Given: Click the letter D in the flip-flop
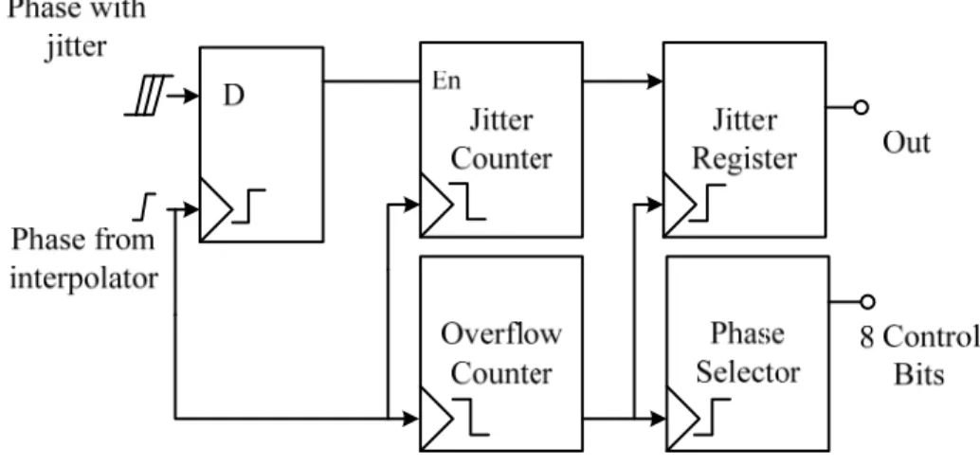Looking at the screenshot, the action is (x=233, y=96).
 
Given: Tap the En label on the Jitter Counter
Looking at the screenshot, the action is (x=446, y=81).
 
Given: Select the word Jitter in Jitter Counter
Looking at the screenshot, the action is (x=501, y=120).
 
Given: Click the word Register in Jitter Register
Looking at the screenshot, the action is (x=744, y=160).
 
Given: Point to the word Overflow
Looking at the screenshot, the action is (x=501, y=333).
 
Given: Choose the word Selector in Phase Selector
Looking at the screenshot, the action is (x=748, y=372).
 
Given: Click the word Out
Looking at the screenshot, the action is (x=906, y=143).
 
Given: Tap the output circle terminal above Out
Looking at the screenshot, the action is (x=862, y=107).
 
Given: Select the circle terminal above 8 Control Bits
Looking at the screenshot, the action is (x=867, y=302).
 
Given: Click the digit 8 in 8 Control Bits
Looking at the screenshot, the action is (x=866, y=338).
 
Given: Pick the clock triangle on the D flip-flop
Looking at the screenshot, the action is (x=216, y=209).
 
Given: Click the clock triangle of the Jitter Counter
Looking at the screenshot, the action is (x=436, y=205).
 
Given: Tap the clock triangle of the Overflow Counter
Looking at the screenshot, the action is (x=436, y=419).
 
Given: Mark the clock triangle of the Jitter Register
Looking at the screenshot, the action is (x=680, y=205).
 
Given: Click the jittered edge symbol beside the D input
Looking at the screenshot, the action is (x=149, y=96).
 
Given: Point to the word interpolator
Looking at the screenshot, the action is (x=83, y=277).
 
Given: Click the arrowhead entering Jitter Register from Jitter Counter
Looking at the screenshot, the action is (x=656, y=81).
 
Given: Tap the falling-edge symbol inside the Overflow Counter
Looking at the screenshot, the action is (x=471, y=417).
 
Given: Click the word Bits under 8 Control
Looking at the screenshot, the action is (x=918, y=375).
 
